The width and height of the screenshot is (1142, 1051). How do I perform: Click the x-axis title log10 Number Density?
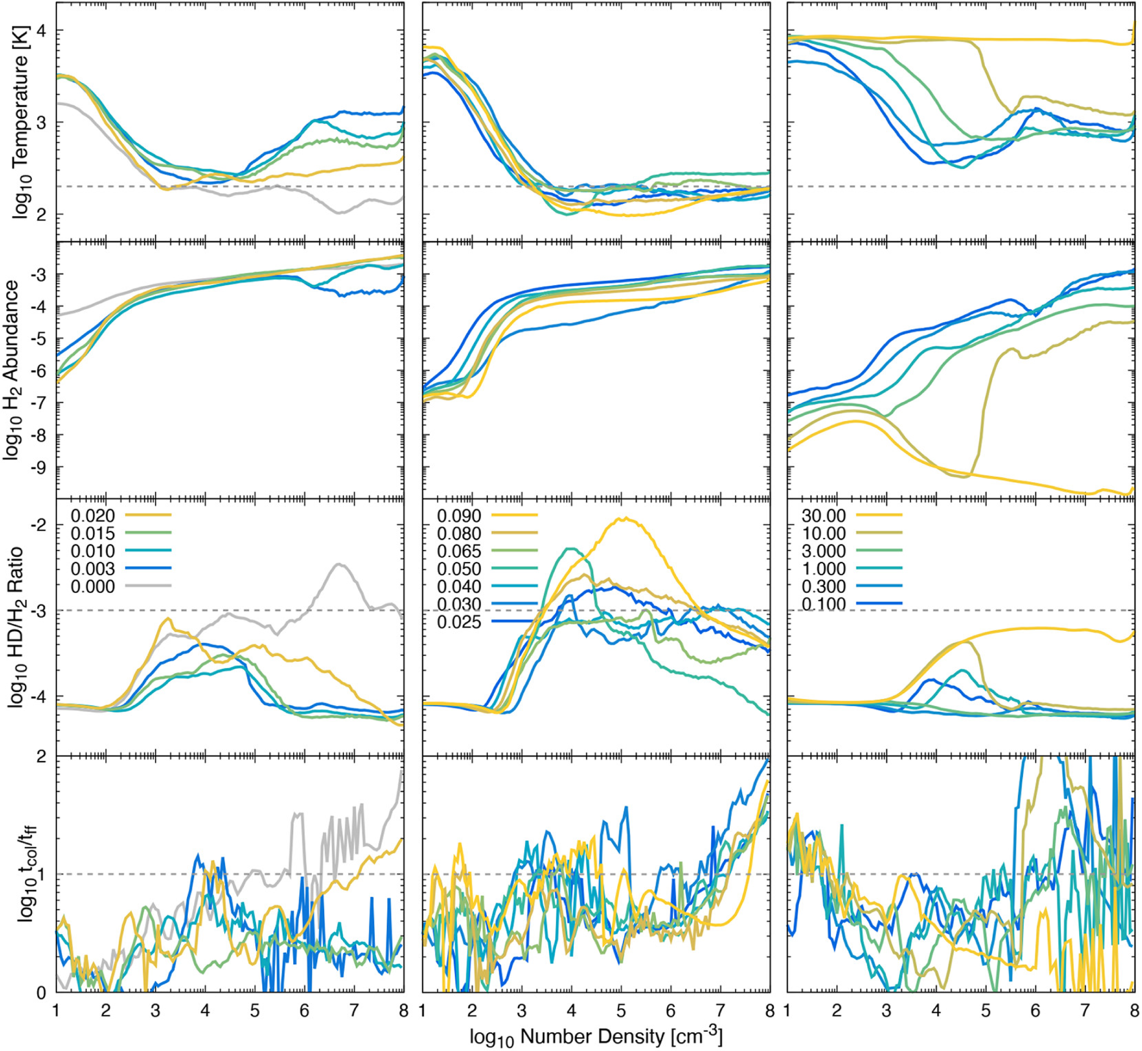tap(595, 1036)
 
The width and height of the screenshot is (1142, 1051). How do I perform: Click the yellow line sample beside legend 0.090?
tap(515, 515)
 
